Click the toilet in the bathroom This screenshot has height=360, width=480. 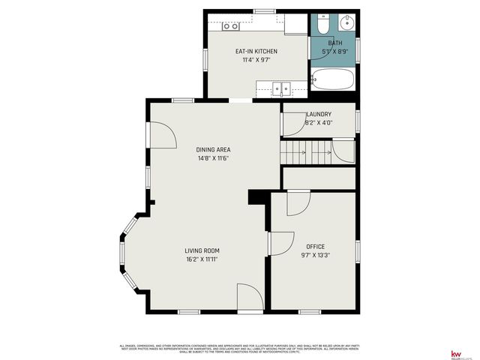coord(321,25)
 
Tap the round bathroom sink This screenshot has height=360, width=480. coord(348,22)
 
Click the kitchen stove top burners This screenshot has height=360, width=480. coord(231,26)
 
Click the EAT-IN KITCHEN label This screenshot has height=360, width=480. coord(256,51)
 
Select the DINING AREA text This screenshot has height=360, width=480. coord(213,149)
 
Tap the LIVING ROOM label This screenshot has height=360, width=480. coord(202,250)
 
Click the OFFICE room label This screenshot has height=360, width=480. coord(315,246)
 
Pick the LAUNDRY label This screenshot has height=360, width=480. coord(319,114)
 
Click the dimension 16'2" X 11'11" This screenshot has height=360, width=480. coord(202,259)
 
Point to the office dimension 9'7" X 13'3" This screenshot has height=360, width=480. coord(315,255)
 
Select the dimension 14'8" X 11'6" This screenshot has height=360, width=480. coord(213,158)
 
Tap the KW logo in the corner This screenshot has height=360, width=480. coord(454,353)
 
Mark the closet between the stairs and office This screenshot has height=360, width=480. coord(318,178)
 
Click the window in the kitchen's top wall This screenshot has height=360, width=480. coord(263,11)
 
